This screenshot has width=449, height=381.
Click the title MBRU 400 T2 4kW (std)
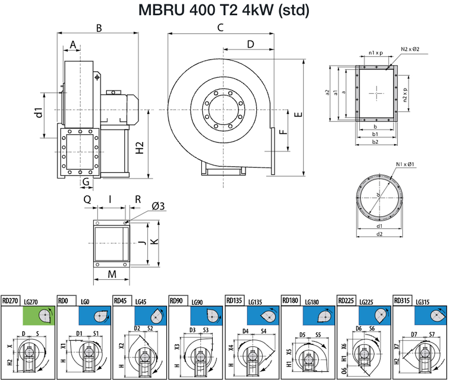(x=224, y=10)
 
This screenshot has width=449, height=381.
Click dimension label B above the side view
(x=99, y=28)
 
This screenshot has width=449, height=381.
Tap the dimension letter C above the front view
(x=220, y=27)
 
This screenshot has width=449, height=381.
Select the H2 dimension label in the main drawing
(x=139, y=147)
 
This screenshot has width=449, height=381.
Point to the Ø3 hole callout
(x=158, y=206)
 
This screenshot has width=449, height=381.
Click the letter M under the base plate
(x=112, y=274)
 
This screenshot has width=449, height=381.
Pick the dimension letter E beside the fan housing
(x=298, y=115)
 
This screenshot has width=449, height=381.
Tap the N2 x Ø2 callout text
(x=410, y=49)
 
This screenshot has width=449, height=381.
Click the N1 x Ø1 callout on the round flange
(x=405, y=164)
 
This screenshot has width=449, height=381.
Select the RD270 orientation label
(x=10, y=301)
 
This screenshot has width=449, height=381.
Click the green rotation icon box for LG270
(x=39, y=316)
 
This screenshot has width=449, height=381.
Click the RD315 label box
(x=402, y=301)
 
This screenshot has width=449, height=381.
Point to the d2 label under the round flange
(x=379, y=234)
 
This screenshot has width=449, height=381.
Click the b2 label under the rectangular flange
(x=375, y=142)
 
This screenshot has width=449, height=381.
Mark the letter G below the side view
(x=86, y=182)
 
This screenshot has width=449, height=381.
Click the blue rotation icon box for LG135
(x=263, y=316)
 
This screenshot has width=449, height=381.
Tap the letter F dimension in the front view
(x=283, y=132)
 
